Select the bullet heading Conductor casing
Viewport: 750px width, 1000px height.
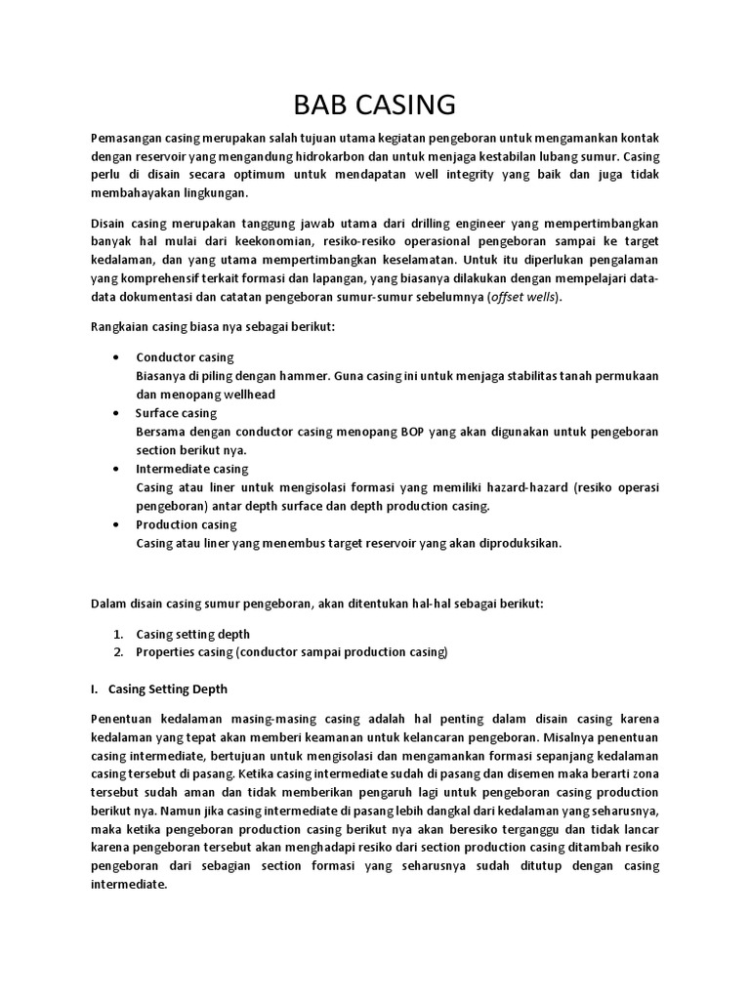pyautogui.click(x=185, y=356)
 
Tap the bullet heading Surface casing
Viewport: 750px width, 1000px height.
pyautogui.click(x=176, y=413)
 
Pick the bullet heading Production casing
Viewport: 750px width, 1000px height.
pyautogui.click(x=187, y=524)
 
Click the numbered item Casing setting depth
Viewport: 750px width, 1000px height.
pyautogui.click(x=193, y=634)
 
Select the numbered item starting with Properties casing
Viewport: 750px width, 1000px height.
pyautogui.click(x=292, y=651)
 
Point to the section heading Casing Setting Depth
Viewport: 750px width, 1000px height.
pyautogui.click(x=167, y=688)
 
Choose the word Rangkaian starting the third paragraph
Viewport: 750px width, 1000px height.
pyautogui.click(x=119, y=326)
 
